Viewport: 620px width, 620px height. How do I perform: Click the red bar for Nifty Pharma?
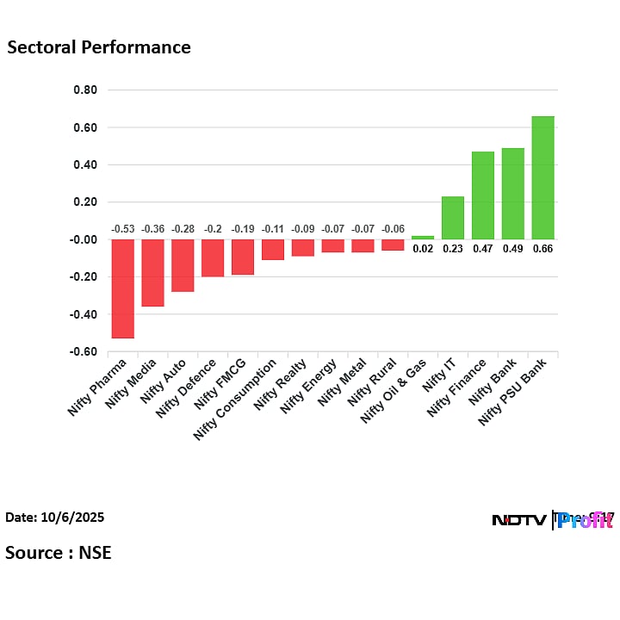(122, 288)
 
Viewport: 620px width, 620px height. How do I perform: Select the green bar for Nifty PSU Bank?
(542, 177)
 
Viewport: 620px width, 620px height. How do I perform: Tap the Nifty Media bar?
(152, 273)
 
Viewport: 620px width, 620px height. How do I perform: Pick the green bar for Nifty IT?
(453, 218)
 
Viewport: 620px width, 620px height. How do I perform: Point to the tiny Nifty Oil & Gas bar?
(423, 237)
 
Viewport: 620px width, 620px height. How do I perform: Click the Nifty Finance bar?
(482, 195)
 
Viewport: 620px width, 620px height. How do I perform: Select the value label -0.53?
(122, 229)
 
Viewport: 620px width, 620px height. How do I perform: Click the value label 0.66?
(542, 249)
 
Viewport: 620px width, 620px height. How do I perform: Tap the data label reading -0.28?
(183, 229)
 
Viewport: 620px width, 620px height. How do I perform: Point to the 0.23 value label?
(453, 249)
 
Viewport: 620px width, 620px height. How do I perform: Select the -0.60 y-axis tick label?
(84, 352)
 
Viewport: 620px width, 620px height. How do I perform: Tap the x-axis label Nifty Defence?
(187, 388)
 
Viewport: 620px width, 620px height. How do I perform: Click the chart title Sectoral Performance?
(99, 47)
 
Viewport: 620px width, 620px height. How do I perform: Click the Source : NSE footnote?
(59, 552)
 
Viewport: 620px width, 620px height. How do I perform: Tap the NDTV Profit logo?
(551, 520)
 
